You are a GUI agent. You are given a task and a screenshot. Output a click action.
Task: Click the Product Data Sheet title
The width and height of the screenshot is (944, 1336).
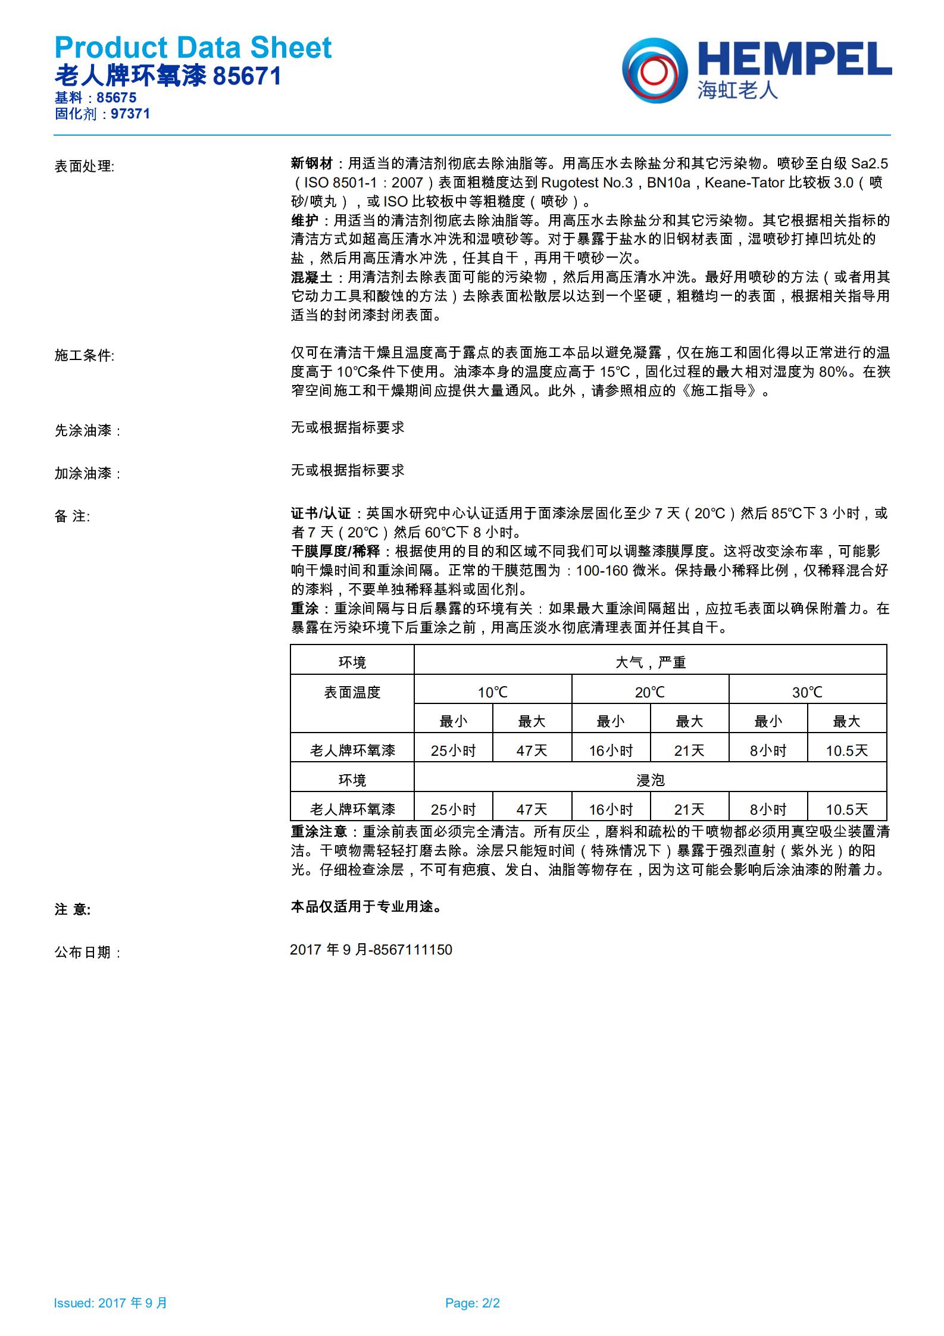tap(193, 48)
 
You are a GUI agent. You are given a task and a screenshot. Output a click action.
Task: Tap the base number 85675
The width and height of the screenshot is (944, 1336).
tap(117, 98)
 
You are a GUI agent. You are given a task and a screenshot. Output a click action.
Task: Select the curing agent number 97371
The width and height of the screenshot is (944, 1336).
tap(130, 114)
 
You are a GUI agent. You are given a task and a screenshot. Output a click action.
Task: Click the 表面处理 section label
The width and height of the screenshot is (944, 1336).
tap(84, 166)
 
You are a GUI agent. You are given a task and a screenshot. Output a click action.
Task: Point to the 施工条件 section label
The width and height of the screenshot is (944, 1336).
tap(84, 355)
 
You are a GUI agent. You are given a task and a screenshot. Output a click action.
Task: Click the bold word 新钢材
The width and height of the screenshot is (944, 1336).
tap(311, 164)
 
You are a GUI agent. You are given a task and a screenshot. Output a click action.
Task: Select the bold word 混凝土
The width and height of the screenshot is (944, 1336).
tap(311, 277)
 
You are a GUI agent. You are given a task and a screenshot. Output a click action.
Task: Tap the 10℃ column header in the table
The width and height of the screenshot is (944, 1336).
tap(492, 692)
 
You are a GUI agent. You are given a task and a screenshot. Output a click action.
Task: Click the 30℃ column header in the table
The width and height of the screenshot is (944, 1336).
tap(807, 692)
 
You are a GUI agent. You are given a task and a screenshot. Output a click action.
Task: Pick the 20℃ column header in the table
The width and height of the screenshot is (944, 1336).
tap(649, 692)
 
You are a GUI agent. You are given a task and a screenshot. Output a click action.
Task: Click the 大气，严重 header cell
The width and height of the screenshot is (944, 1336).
tap(650, 662)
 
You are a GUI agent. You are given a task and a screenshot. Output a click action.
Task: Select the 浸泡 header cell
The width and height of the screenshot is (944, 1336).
tap(650, 780)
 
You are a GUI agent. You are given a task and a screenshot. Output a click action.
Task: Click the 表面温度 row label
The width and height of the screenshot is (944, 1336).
tap(352, 692)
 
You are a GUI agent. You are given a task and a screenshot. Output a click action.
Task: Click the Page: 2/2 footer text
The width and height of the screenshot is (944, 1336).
tap(472, 1303)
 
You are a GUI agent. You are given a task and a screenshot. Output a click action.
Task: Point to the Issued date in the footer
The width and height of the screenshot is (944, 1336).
tap(111, 1303)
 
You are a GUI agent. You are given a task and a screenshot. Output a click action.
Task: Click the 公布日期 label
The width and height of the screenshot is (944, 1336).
tap(87, 952)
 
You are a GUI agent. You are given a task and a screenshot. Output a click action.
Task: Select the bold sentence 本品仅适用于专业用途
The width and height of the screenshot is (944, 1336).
tap(365, 906)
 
